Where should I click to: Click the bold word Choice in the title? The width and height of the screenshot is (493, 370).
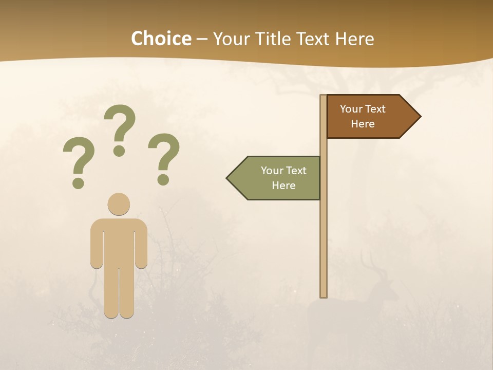(161, 39)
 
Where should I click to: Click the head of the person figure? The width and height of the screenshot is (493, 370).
(119, 204)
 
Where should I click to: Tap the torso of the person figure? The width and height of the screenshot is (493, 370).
(119, 242)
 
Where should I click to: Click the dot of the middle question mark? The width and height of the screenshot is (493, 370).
(119, 150)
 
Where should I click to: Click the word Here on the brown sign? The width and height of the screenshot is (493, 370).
(363, 124)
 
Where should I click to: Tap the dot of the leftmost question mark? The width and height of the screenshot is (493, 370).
(78, 182)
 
